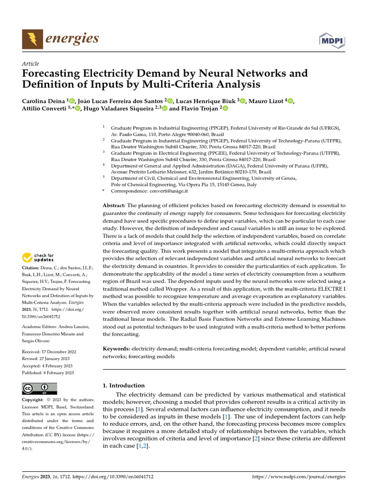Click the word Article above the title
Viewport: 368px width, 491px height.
tap(31, 64)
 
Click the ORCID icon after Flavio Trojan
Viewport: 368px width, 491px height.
tap(225, 109)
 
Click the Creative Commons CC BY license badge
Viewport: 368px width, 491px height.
tap(39, 388)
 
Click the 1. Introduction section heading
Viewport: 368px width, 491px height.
tap(124, 385)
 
